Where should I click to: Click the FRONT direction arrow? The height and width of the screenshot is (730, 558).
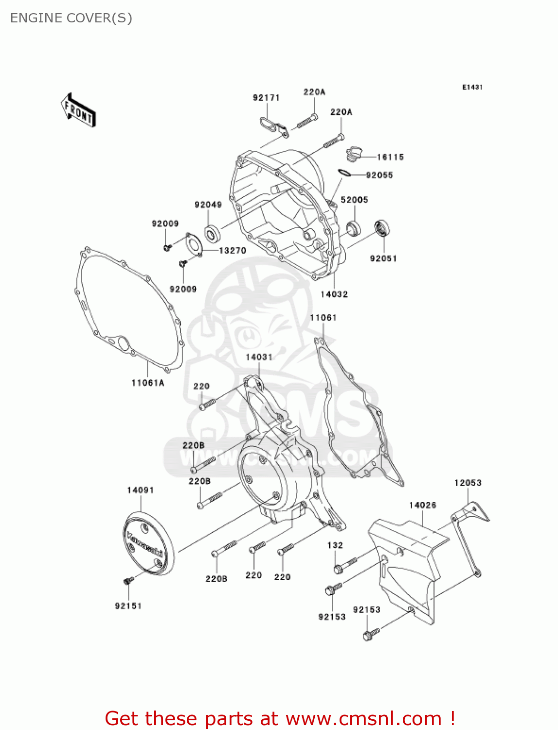coord(78,110)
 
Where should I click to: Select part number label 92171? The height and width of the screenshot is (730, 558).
coord(266,98)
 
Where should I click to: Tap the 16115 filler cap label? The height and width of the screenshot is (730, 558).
coord(390,157)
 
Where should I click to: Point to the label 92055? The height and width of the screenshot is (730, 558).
coord(379,175)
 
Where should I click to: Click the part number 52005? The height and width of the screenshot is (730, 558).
coord(354,200)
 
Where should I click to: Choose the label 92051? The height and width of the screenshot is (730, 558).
coord(383,258)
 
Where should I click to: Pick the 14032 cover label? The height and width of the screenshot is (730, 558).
coord(334,294)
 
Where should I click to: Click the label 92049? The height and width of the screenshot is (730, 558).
coord(208,205)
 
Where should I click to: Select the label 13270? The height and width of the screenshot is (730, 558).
coord(233,251)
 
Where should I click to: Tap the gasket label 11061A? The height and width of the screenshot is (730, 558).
coord(148,383)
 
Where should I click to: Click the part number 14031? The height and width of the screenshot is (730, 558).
coord(259,357)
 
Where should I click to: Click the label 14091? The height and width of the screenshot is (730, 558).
coord(141,490)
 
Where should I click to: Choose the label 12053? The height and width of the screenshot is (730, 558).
coord(468,483)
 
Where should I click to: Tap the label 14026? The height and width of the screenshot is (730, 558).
coord(422,505)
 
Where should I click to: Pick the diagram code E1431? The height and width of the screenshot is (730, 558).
coord(472,87)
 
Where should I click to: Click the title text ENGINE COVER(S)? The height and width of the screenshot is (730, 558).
coord(71,18)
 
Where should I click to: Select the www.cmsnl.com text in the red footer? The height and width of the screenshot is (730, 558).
coord(363,718)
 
